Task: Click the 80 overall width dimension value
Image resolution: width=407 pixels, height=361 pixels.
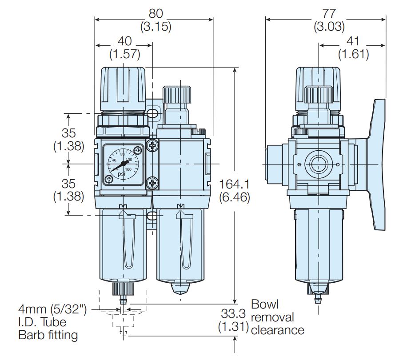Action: coord(156,13)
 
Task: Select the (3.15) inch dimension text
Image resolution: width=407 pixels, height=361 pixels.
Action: coord(156,27)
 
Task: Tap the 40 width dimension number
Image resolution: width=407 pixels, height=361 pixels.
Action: coord(125,41)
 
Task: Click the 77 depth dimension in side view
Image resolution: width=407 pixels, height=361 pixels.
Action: coord(329,13)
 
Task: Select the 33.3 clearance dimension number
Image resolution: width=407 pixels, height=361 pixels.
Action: coord(232,314)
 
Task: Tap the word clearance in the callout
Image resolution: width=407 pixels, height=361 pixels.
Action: coord(278,330)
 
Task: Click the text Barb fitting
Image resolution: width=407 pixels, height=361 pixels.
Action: coord(48,335)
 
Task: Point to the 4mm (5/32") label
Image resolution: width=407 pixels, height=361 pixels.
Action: coord(52,309)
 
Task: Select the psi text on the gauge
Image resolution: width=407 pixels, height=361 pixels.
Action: coord(121,174)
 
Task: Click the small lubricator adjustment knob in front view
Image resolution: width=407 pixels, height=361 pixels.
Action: coord(177,95)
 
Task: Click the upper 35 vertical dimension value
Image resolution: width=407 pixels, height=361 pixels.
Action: coord(69,133)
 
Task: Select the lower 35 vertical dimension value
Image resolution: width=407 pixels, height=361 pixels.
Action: coord(69,183)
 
